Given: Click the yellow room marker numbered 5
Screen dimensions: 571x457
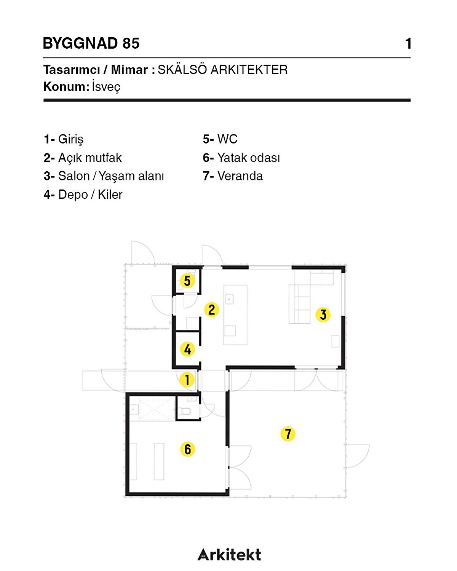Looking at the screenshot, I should click(187, 281).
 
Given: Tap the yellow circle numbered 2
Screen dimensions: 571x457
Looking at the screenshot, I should click(212, 309).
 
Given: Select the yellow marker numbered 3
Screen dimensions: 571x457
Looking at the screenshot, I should click(323, 315).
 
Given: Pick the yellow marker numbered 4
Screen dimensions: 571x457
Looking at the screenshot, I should click(187, 349).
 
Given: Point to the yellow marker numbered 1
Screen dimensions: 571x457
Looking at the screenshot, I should click(187, 380).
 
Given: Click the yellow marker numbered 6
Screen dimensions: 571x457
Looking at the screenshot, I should click(187, 449).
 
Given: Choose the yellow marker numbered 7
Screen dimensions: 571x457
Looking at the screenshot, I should click(288, 434).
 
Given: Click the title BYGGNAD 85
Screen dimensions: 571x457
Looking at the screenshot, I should click(91, 43).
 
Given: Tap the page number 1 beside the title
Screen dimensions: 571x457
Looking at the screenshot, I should click(408, 43).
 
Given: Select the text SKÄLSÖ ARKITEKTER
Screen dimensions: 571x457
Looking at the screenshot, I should click(222, 70).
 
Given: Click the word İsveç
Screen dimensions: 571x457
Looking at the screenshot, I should click(106, 87).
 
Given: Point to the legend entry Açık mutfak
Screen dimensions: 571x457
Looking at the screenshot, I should click(89, 158).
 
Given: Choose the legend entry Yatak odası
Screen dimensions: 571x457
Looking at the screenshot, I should click(248, 158).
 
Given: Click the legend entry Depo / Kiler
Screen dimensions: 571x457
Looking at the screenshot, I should click(90, 195).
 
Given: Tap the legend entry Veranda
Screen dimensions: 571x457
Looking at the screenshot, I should click(240, 176).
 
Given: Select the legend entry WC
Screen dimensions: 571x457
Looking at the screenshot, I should click(227, 139).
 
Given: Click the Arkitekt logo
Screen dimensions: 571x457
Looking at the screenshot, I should click(229, 555).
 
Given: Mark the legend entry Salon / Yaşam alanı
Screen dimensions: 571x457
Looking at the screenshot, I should click(111, 176).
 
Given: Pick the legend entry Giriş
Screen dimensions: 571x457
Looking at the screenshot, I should click(70, 139).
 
